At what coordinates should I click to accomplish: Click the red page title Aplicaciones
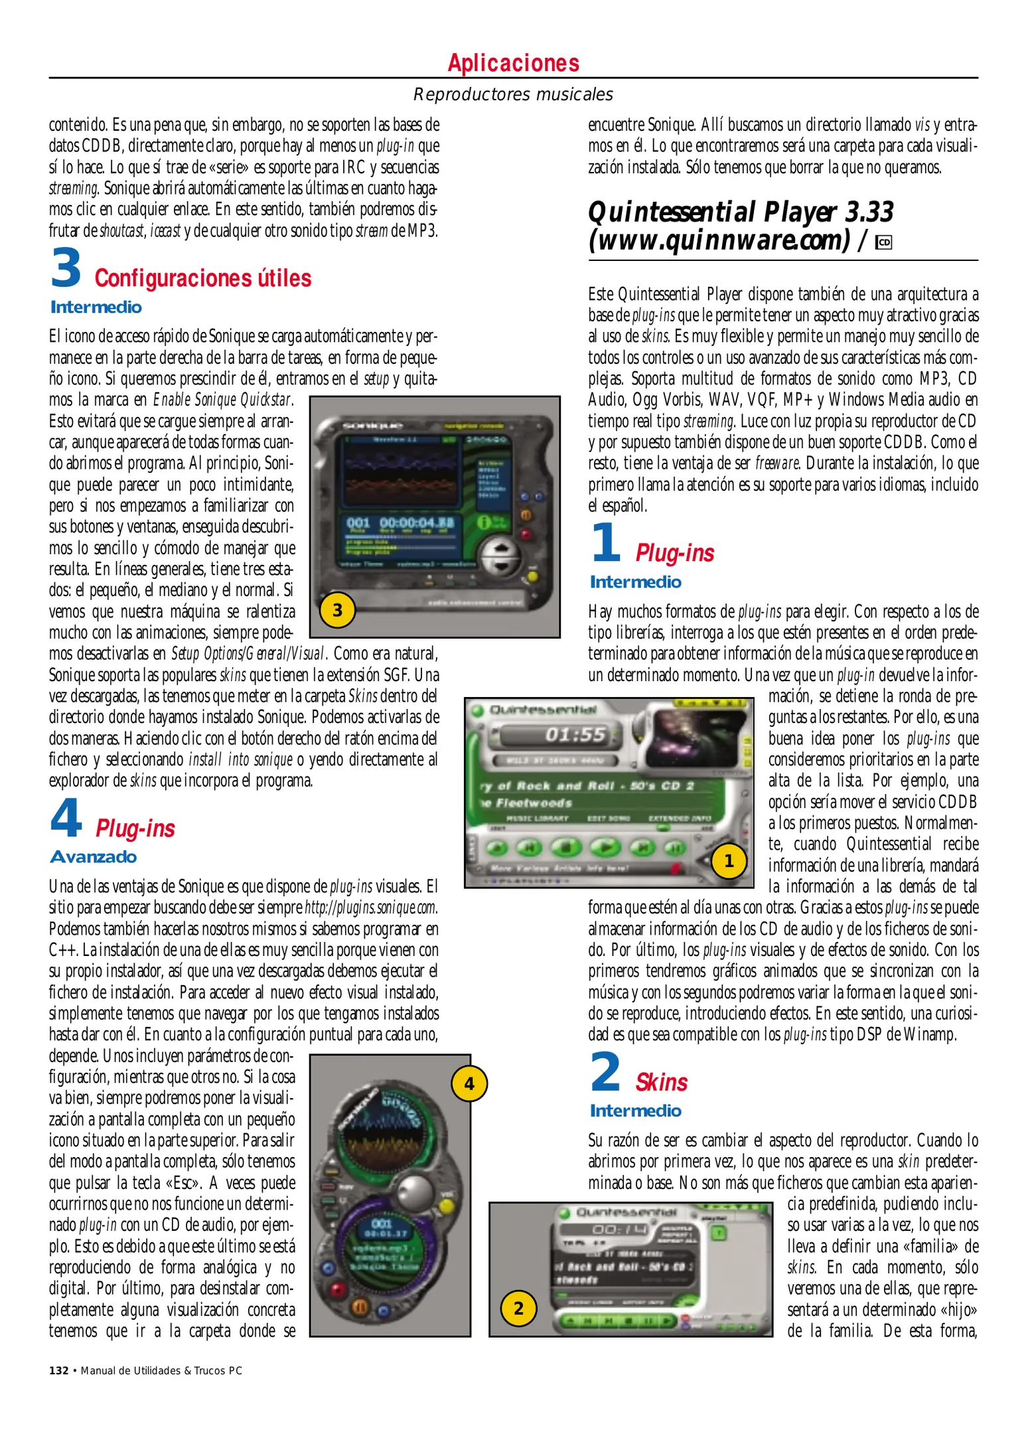click(x=513, y=63)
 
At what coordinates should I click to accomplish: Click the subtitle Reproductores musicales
click(x=513, y=94)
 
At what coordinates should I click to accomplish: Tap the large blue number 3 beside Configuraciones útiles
click(x=66, y=269)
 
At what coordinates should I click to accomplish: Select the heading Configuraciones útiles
click(x=202, y=278)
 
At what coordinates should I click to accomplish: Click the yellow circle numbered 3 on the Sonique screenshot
click(x=337, y=610)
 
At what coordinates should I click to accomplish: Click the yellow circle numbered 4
click(x=469, y=1083)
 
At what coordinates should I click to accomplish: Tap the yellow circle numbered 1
click(x=729, y=860)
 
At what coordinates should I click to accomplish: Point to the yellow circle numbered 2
click(x=518, y=1308)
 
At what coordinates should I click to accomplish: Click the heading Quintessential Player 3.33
click(x=740, y=212)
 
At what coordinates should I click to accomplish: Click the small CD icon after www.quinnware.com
click(x=883, y=243)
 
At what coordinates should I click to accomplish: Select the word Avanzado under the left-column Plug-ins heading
click(x=94, y=857)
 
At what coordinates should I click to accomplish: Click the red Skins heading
click(x=661, y=1083)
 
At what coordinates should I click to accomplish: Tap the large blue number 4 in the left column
click(x=66, y=819)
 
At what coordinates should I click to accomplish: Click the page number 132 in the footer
click(x=58, y=1371)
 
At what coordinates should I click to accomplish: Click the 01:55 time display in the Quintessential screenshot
click(x=575, y=734)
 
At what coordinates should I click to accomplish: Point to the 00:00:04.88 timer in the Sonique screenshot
click(x=417, y=522)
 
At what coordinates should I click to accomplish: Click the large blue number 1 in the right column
click(x=605, y=542)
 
